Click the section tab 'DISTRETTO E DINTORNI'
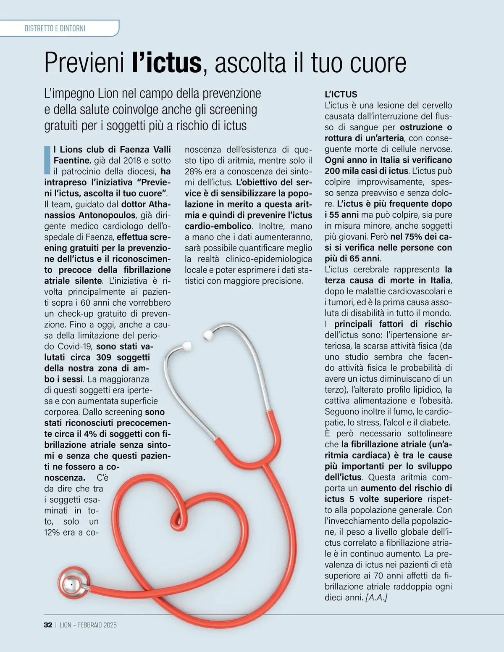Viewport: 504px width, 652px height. (55, 29)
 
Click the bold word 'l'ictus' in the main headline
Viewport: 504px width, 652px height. (167, 63)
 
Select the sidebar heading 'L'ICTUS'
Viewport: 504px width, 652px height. (341, 94)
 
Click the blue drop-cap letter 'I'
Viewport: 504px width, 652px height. (47, 160)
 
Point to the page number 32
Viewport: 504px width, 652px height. (48, 625)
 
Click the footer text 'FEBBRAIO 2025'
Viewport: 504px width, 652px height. (97, 625)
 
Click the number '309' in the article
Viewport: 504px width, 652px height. (104, 357)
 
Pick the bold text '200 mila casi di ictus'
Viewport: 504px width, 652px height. (366, 171)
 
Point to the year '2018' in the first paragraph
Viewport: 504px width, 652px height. (132, 161)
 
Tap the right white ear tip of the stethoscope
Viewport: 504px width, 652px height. (208, 335)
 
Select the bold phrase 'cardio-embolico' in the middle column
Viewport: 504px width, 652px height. (218, 226)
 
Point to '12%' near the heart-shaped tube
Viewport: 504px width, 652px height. (53, 532)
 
